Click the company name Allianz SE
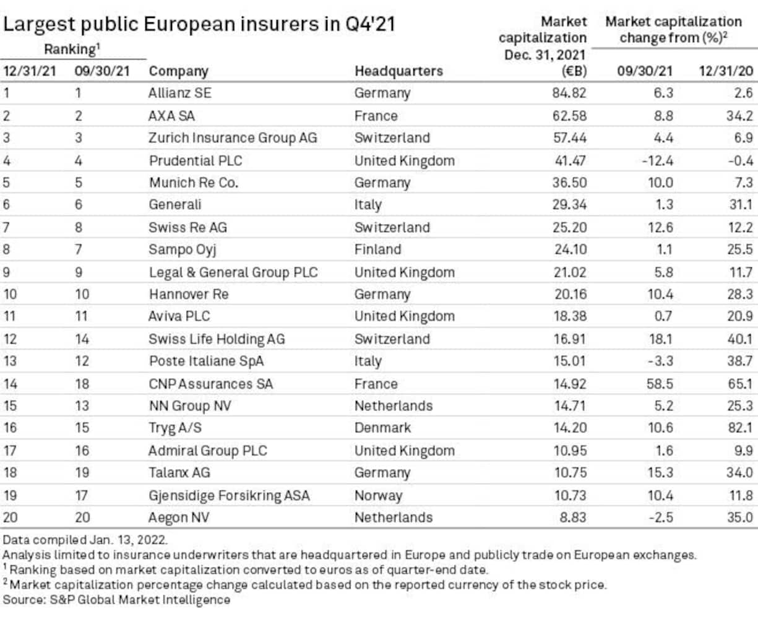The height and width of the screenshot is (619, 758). click(x=179, y=93)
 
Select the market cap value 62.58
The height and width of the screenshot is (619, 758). click(x=569, y=116)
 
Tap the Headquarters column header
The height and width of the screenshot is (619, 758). click(x=398, y=71)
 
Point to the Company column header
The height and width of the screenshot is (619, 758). click(x=178, y=71)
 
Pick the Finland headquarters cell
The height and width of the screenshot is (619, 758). click(x=377, y=250)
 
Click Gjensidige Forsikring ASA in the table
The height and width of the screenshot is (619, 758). click(x=229, y=496)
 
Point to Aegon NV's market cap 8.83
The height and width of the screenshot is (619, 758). click(x=572, y=517)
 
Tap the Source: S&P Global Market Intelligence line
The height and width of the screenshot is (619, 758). click(x=116, y=600)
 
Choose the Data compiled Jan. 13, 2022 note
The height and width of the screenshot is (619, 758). click(x=85, y=540)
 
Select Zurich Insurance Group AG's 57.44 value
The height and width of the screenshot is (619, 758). click(x=569, y=138)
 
